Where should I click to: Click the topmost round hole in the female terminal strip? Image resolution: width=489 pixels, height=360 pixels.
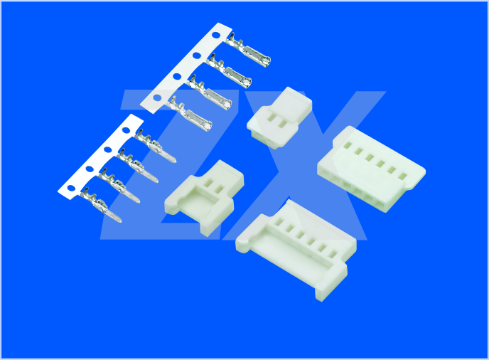216,35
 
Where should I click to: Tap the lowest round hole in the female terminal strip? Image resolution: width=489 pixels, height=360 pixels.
157,97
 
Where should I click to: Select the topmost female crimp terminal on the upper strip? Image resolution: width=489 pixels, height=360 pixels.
248,49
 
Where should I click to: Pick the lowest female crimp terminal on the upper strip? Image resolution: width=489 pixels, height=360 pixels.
189,114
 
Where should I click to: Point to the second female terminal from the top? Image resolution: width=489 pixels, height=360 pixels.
229,70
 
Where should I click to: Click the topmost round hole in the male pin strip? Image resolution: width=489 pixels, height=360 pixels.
126,130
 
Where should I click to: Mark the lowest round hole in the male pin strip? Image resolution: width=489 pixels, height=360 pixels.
71,189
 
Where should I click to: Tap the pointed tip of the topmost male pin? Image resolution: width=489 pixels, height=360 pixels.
175,161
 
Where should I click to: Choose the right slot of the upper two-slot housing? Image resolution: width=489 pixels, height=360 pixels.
283,125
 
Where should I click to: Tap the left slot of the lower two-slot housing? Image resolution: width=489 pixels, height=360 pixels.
208,183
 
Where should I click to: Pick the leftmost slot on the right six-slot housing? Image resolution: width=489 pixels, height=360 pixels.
348,145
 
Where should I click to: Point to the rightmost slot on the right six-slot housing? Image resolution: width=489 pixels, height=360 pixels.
402,176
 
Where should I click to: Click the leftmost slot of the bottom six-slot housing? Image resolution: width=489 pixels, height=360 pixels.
279,222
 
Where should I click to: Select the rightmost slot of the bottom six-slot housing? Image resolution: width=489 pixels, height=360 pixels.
333,254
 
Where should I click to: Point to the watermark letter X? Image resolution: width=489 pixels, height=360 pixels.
304,166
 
